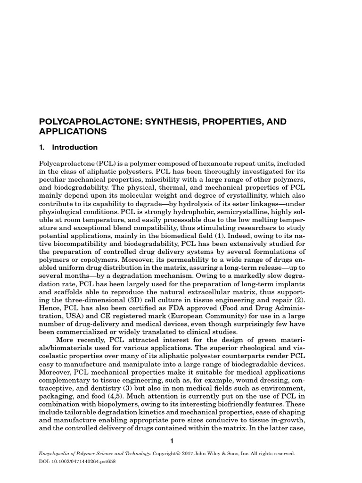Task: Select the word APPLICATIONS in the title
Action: coord(73,132)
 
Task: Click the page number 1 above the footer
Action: coord(172,441)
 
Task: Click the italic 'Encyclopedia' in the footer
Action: coord(56,454)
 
